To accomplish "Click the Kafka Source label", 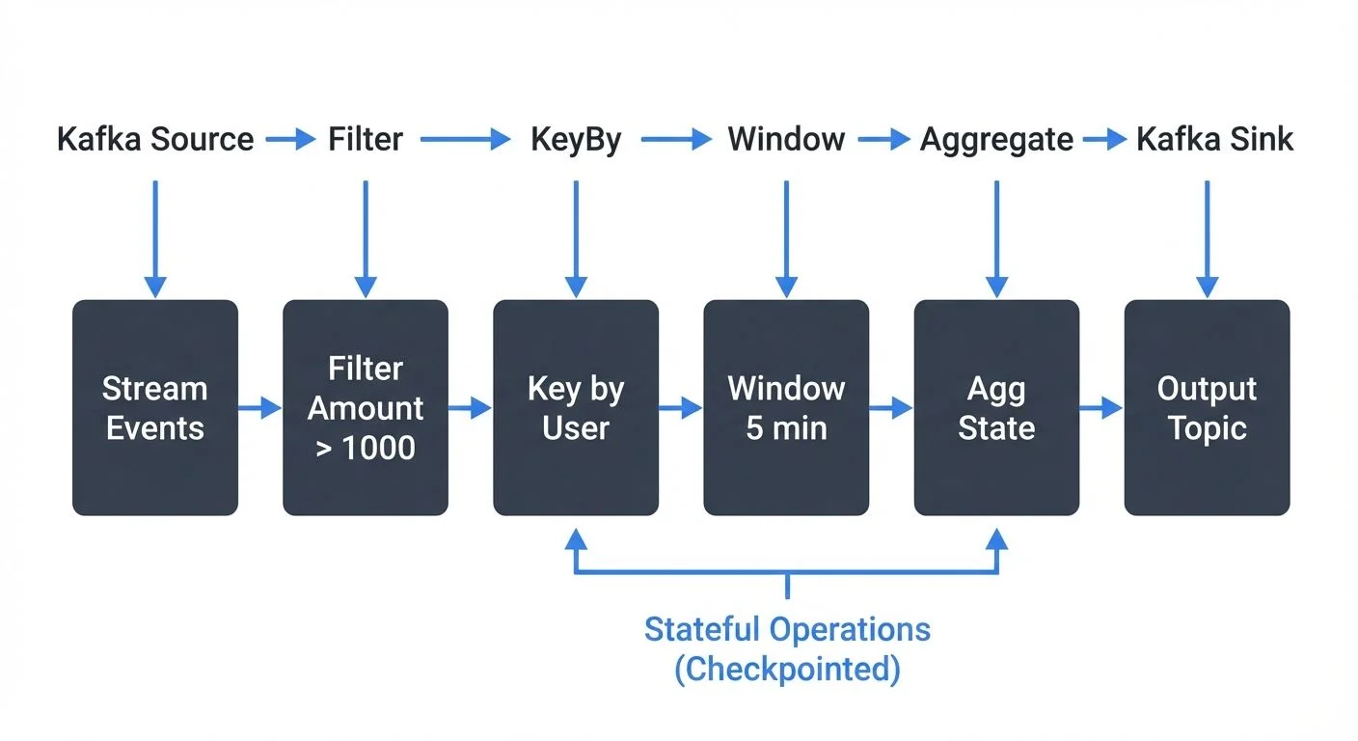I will pos(155,140).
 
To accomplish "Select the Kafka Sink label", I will pos(1214,140).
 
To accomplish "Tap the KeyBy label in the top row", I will pos(576,140).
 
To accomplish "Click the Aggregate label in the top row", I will pos(996,140).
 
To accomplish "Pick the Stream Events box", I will pos(155,407).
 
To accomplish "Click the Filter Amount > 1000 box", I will pos(366,407).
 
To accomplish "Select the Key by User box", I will pos(576,407).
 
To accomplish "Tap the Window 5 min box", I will pos(786,407).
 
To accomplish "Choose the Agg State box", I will pos(996,407).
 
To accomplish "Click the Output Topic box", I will pos(1207,407).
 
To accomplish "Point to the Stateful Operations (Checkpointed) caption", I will pos(787,649).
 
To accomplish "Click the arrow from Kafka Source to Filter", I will pos(290,140).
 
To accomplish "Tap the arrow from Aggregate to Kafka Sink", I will pos(1104,140).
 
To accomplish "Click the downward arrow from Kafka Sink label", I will pos(1207,237).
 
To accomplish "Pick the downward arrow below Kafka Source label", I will pos(155,237).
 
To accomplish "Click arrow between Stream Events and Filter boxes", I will pos(259,408).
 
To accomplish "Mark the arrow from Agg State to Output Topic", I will pos(1100,408).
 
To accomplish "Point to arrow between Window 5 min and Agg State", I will pos(890,408).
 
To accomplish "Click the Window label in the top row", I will pos(786,140).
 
